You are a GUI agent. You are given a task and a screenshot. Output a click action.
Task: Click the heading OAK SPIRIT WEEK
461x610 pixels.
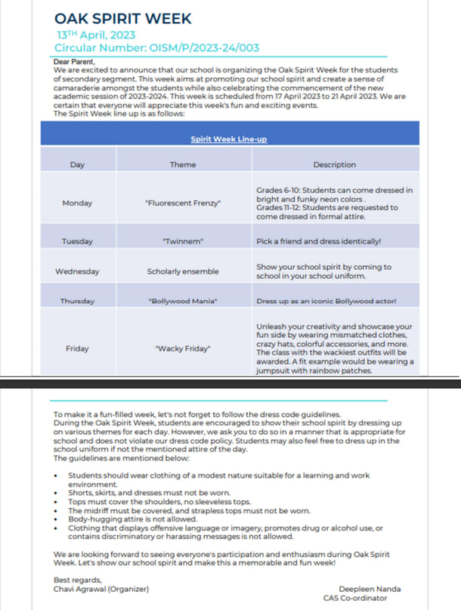coord(123,18)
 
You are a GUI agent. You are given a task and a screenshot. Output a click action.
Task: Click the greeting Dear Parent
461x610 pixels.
coord(76,61)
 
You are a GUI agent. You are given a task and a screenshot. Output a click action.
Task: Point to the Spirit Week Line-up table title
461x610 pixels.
coord(228,139)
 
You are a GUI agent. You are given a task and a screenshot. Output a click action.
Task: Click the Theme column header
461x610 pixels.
coord(183,164)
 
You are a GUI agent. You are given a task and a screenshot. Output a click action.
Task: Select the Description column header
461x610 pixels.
coord(334,164)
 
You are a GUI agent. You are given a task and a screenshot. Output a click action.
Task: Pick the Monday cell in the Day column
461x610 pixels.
coord(77,203)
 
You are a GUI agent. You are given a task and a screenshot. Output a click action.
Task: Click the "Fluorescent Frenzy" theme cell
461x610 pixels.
coord(183,203)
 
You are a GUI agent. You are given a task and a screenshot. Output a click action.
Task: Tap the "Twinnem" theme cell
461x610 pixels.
coord(183,241)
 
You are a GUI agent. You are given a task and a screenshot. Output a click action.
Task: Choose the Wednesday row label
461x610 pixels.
coord(77,271)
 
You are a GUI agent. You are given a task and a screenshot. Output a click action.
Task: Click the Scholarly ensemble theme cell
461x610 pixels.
coord(183,271)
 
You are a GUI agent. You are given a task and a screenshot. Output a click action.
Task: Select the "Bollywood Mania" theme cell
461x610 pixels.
coord(183,301)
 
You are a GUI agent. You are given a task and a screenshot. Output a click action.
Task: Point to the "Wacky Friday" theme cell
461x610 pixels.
coord(183,348)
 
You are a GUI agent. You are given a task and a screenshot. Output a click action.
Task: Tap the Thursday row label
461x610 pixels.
coord(77,301)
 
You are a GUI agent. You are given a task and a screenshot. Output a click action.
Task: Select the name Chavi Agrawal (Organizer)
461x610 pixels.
coord(101,589)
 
